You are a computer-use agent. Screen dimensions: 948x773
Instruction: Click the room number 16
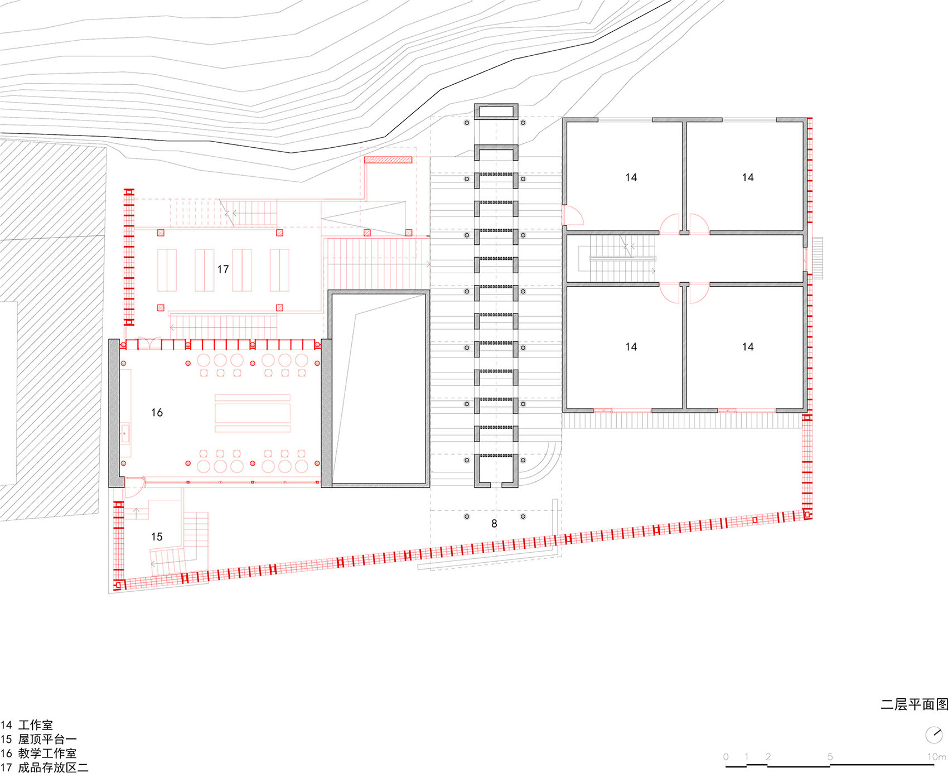point(157,413)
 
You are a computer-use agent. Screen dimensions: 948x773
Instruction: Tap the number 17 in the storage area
point(223,269)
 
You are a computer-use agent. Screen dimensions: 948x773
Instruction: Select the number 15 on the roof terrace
point(157,537)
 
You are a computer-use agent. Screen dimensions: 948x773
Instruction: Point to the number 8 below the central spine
point(494,524)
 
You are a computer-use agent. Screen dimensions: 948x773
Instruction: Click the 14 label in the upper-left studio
point(631,177)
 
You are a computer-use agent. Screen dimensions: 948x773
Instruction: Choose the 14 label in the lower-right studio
point(748,347)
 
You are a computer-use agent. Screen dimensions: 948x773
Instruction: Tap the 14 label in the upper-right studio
point(748,177)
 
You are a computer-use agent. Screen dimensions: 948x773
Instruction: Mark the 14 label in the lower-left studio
point(631,347)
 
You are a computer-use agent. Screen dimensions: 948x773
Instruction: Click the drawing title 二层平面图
point(914,704)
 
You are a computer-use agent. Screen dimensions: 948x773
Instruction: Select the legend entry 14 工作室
point(27,725)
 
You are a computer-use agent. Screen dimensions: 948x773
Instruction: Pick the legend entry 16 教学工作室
point(38,753)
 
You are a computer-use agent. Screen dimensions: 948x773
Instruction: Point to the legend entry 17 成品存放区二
point(45,767)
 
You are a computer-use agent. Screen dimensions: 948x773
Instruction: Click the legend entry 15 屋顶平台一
point(38,739)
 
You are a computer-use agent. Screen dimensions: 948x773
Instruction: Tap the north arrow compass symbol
point(934,735)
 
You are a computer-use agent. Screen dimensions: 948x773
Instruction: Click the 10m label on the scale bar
point(937,757)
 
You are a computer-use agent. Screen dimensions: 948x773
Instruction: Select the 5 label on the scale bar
point(830,757)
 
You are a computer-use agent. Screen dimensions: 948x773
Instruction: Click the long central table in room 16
point(253,413)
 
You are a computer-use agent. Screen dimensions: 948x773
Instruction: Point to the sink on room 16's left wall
point(125,432)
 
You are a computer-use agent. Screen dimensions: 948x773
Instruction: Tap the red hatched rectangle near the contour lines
point(388,160)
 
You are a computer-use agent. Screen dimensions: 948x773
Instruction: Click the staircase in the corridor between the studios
point(622,259)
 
